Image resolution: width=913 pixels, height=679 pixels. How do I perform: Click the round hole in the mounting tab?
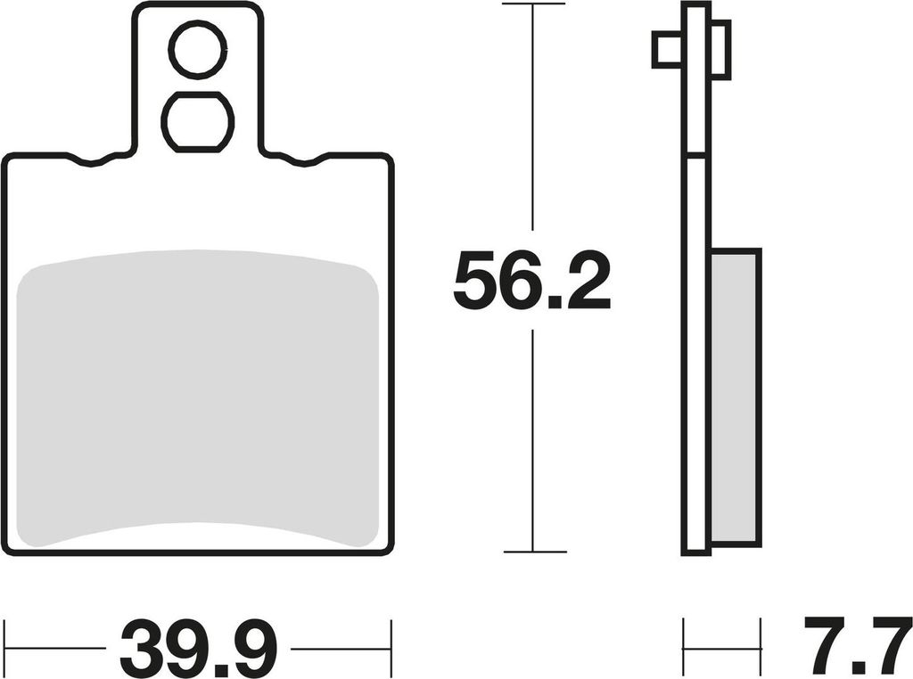click(197, 50)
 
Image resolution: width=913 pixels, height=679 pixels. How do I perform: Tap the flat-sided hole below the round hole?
click(197, 122)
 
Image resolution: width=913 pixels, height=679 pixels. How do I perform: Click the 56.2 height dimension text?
click(531, 281)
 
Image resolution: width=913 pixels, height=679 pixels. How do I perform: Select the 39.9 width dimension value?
click(198, 647)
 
